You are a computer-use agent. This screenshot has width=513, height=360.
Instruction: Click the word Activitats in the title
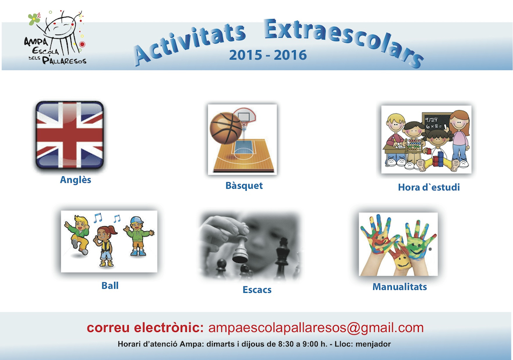190,44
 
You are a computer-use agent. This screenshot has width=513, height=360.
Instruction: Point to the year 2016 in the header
290,55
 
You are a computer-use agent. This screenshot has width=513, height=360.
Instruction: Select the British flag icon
70,135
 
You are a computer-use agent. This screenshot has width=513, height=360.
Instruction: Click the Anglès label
76,180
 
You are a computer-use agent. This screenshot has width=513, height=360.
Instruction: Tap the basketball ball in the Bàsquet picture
226,128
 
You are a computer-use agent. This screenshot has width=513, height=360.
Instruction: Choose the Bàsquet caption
244,185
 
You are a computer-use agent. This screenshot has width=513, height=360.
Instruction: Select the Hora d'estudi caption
429,187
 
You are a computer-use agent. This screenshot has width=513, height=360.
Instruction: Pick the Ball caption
110,285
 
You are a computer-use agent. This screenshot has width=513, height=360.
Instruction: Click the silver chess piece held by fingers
240,250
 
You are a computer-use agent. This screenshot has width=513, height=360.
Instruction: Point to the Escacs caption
257,290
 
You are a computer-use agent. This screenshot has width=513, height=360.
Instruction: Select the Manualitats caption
400,287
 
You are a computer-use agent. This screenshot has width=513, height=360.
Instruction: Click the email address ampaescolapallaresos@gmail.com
316,327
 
